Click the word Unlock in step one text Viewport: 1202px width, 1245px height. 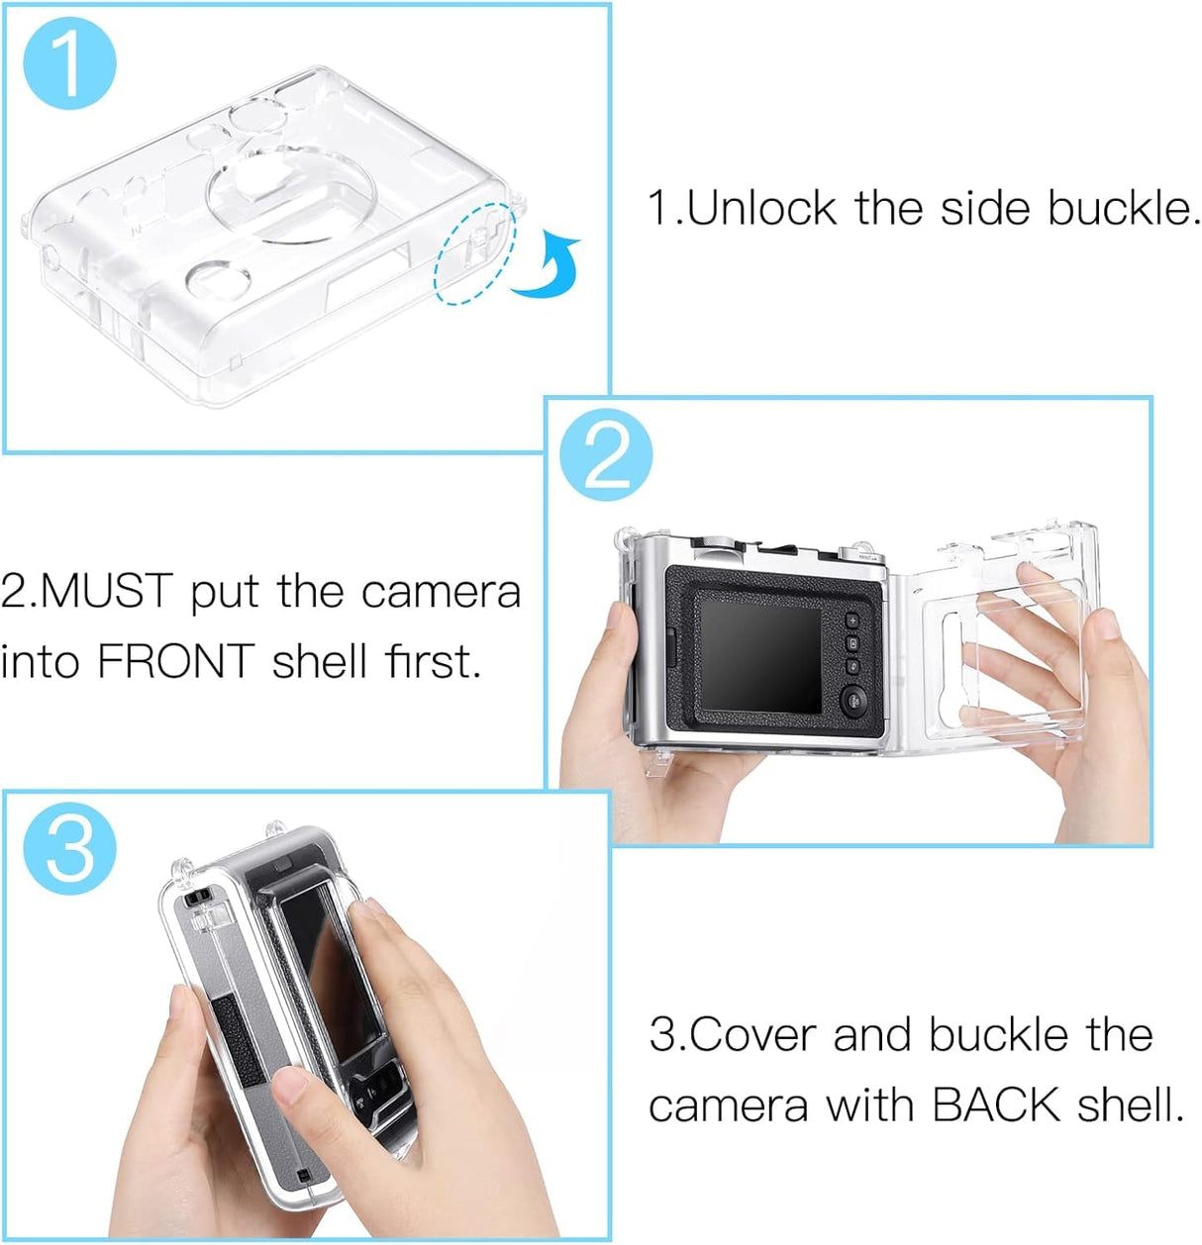[760, 209]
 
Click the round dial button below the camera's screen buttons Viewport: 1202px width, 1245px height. [854, 701]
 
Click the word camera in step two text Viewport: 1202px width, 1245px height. [441, 592]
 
